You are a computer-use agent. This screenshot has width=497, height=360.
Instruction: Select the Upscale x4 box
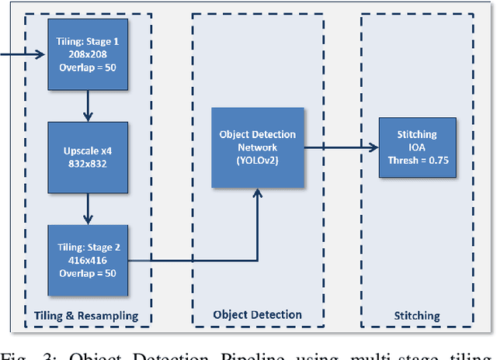[x=87, y=157]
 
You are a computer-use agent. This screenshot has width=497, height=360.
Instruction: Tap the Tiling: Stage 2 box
[x=87, y=258]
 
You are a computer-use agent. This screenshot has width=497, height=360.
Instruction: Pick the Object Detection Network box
[x=256, y=147]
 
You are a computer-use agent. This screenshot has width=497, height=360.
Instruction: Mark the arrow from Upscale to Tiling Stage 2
[x=87, y=208]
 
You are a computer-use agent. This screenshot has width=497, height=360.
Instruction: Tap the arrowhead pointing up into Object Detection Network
[x=256, y=194]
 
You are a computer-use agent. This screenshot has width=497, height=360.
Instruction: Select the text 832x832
[x=87, y=164]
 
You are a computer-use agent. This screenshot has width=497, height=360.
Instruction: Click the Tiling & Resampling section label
[x=86, y=315]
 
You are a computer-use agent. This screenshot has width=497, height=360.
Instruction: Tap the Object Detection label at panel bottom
[x=256, y=315]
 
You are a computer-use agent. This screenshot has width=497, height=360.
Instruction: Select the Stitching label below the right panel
[x=416, y=316]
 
